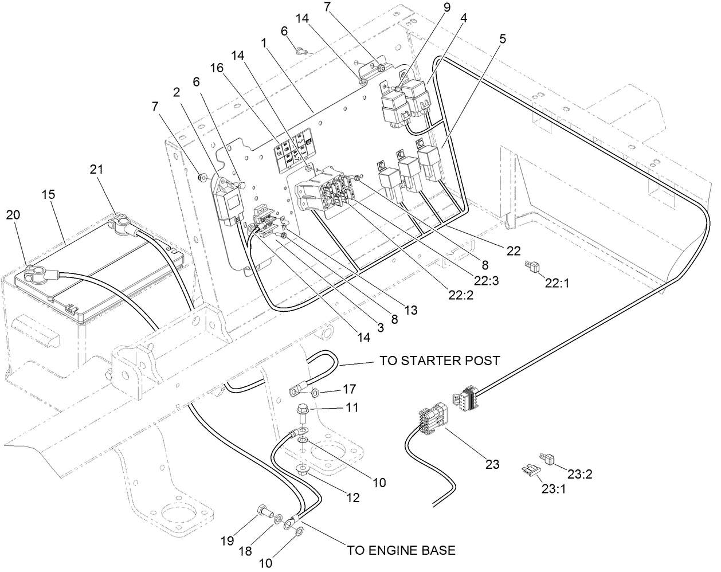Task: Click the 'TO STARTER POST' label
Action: point(440,361)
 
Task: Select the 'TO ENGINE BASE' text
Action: point(401,550)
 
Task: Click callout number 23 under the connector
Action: point(492,464)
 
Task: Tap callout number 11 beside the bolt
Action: point(352,408)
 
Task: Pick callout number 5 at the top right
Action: point(502,39)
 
